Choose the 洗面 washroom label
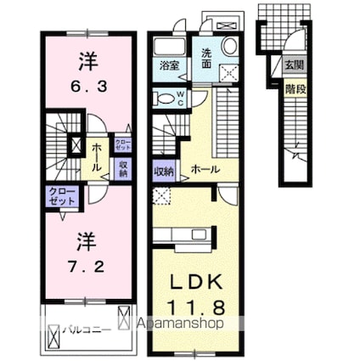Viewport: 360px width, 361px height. click(205, 55)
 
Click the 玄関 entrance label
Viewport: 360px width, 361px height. click(292, 63)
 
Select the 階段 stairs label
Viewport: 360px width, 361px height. click(292, 87)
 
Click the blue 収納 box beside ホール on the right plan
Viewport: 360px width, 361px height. click(163, 171)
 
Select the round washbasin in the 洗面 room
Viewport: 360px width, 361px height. click(229, 46)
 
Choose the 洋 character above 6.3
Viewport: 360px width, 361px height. click(87, 61)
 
